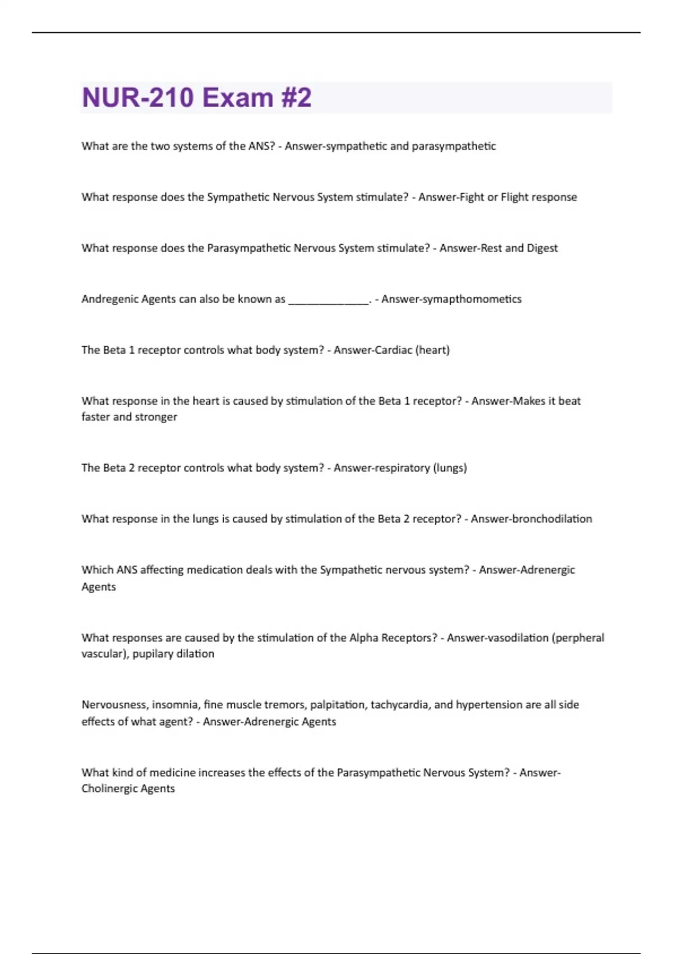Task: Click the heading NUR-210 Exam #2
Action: (x=196, y=98)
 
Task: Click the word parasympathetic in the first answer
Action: (x=454, y=146)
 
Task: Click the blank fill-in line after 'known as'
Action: (x=329, y=300)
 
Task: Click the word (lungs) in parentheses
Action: (x=450, y=468)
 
